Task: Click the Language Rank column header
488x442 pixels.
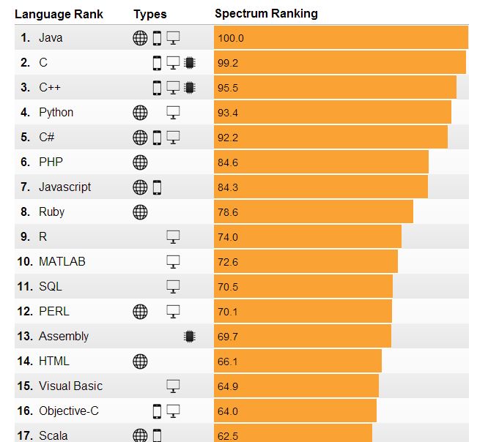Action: [59, 14]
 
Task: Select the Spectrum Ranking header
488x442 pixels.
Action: [266, 14]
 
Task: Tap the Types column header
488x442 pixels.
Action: [149, 14]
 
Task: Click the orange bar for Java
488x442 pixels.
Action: [341, 38]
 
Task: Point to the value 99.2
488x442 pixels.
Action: [228, 63]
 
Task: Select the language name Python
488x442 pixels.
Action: [56, 113]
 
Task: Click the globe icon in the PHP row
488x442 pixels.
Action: [140, 162]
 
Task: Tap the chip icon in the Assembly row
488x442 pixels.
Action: [189, 337]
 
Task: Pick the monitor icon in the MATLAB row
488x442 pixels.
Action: [173, 262]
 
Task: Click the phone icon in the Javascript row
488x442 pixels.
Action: [157, 187]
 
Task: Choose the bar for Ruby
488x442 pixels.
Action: [314, 212]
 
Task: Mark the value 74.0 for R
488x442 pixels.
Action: [228, 237]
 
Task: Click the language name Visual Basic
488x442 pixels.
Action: [70, 386]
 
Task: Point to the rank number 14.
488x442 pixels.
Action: [25, 362]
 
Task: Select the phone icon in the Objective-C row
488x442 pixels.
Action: [157, 411]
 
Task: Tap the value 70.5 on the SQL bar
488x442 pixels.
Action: [228, 287]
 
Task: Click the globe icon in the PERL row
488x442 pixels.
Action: [140, 312]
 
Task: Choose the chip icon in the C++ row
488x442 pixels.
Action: [189, 88]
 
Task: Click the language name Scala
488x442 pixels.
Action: [52, 436]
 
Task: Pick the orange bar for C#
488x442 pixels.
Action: [330, 138]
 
